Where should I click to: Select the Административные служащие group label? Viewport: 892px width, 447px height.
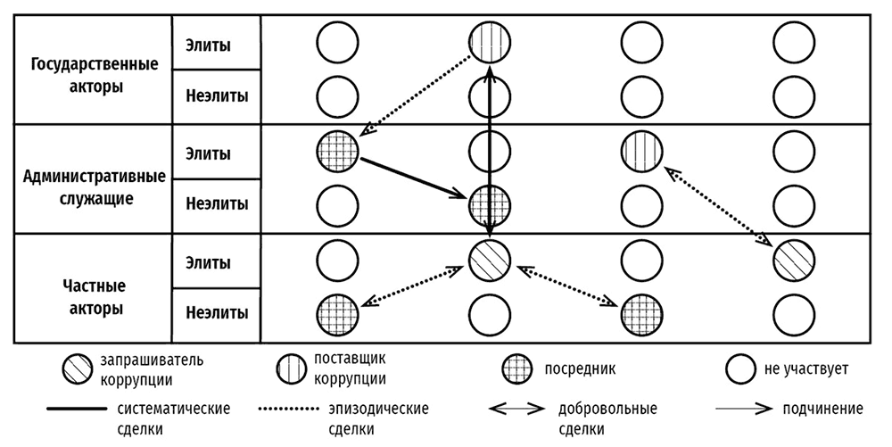pyautogui.click(x=94, y=186)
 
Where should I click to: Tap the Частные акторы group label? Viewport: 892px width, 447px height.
pyautogui.click(x=94, y=299)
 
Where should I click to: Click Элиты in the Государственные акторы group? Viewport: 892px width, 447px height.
pyautogui.click(x=208, y=45)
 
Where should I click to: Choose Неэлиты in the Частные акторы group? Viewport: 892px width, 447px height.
pyautogui.click(x=217, y=313)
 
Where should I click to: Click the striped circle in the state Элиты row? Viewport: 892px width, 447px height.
pyautogui.click(x=490, y=42)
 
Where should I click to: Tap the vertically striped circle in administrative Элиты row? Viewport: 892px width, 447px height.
pyautogui.click(x=641, y=148)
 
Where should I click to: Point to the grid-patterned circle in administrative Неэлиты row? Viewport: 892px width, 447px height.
pyautogui.click(x=490, y=203)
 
